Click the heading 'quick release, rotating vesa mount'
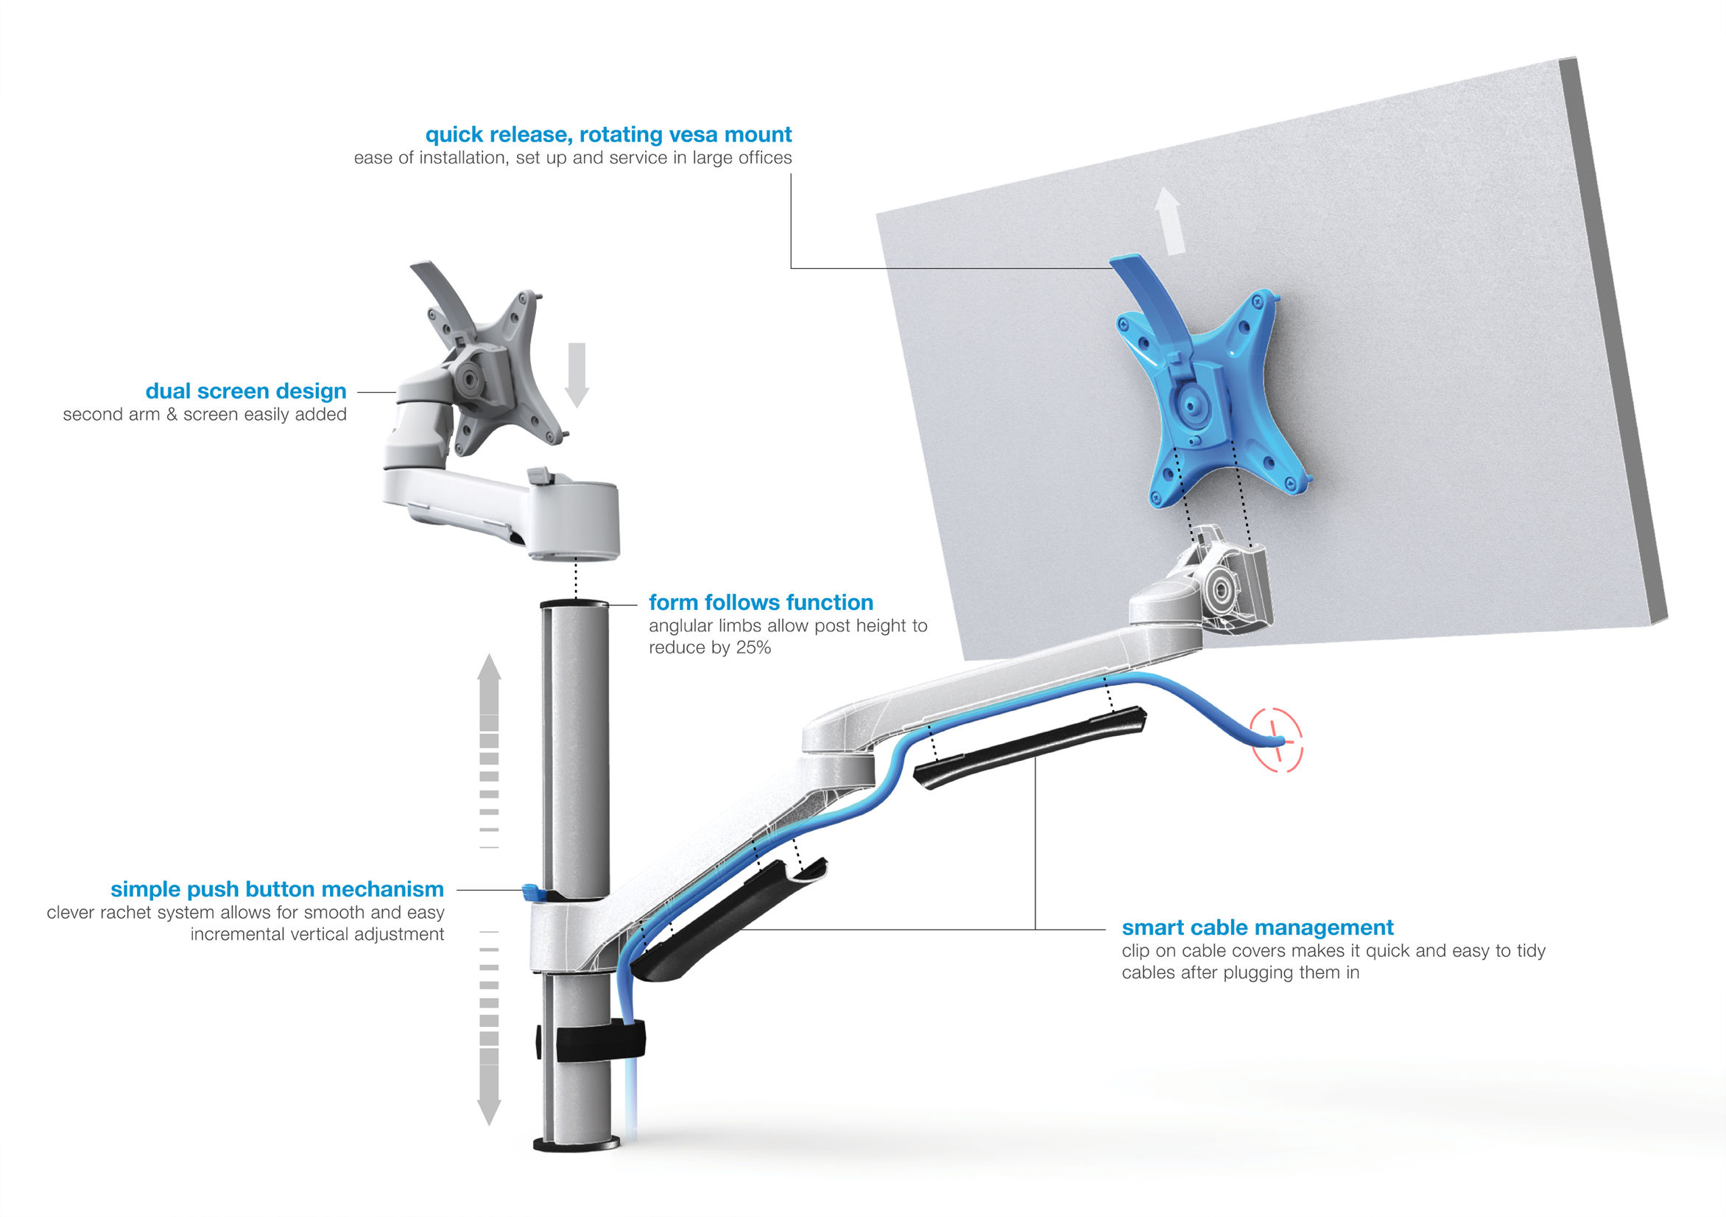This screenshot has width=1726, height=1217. [608, 135]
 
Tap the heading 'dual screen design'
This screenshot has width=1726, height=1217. [246, 391]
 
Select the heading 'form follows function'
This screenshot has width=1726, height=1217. [761, 603]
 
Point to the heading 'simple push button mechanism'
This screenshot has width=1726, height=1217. [278, 889]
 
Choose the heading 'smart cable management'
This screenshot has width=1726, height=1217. [1258, 927]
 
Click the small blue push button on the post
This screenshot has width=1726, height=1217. [533, 893]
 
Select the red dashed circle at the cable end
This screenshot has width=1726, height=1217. [1275, 740]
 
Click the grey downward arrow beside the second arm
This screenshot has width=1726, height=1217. [577, 373]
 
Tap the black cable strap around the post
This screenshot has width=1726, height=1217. [599, 1040]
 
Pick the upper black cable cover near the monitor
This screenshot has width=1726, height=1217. [1030, 748]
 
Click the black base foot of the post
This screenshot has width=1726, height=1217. [576, 1144]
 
